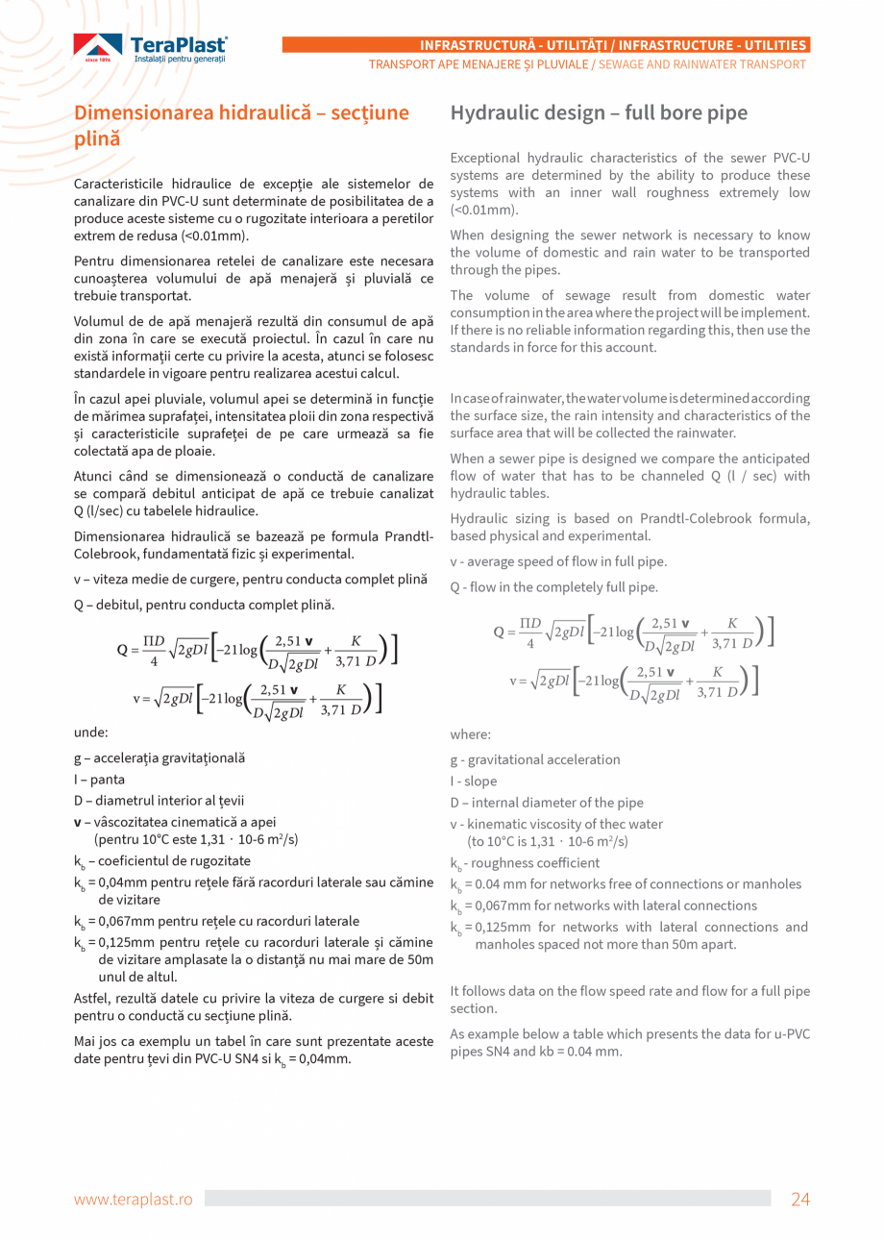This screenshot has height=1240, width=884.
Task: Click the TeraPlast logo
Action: [151, 48]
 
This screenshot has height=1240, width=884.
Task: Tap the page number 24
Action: [800, 1199]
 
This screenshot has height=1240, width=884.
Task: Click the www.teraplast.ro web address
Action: [134, 1199]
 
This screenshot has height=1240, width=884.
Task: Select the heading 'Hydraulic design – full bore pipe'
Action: [599, 112]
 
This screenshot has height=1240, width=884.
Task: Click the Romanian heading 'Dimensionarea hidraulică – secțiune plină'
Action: [241, 125]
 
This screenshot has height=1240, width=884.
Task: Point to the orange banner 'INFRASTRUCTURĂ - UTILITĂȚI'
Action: [546, 45]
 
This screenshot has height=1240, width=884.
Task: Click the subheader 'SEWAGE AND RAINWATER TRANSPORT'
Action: [701, 64]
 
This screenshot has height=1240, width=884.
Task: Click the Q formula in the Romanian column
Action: [257, 650]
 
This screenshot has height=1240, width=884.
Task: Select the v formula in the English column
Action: [634, 681]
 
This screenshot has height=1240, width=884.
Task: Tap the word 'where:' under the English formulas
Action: [470, 734]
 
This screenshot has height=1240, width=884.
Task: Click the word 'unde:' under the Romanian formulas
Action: [90, 732]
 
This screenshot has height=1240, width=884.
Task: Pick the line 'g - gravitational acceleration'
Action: [535, 759]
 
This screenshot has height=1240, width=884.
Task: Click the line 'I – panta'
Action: [99, 780]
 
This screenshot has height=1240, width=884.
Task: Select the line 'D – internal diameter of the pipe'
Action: [547, 803]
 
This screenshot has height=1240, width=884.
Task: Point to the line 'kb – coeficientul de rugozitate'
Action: [162, 861]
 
